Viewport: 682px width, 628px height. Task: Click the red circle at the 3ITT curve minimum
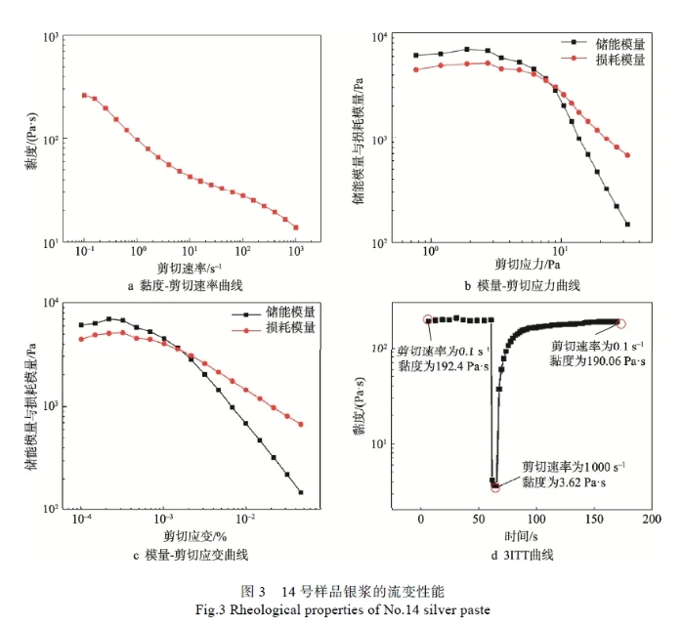tap(494, 486)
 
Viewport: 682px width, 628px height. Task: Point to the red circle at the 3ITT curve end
tap(620, 323)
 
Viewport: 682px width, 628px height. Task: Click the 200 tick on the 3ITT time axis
tap(651, 520)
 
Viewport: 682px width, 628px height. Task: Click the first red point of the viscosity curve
tap(85, 95)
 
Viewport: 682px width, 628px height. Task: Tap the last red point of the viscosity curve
tap(296, 228)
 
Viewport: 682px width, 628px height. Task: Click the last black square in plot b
tap(627, 224)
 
